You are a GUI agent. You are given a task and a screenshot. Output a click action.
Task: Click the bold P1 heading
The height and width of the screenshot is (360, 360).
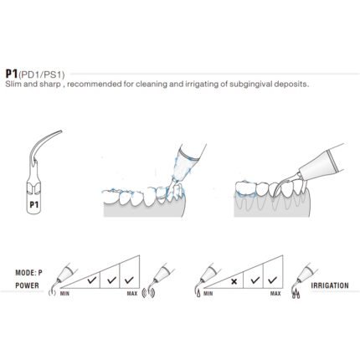[x=12, y=74]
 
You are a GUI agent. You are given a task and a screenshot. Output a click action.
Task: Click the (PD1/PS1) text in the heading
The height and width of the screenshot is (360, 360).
[x=42, y=75]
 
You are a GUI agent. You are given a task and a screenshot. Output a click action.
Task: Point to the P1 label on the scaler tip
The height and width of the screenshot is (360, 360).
[x=34, y=205]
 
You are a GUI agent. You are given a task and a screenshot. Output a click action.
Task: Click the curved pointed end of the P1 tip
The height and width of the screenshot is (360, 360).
[x=61, y=131]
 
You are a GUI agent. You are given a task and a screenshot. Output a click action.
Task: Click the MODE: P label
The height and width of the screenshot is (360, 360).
[x=29, y=273]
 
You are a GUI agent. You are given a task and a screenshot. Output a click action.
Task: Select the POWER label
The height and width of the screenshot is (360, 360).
[x=27, y=285]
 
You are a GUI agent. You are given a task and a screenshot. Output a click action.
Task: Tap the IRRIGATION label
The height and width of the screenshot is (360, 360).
[x=330, y=285]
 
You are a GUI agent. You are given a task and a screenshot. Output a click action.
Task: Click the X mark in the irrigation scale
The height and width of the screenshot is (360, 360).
[x=234, y=281]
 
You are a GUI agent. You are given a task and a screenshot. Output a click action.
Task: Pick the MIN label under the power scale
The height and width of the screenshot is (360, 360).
[x=64, y=294]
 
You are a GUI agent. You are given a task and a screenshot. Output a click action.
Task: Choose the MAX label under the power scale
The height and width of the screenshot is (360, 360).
[x=132, y=294]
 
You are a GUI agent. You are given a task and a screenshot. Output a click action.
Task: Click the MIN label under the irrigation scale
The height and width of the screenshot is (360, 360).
[x=208, y=294]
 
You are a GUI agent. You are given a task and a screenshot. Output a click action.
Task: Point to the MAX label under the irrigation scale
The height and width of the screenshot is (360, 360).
[x=275, y=294]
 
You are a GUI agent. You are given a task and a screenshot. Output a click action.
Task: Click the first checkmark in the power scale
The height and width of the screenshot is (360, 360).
[x=92, y=280]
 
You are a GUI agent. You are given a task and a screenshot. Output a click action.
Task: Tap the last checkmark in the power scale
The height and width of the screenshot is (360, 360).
[x=129, y=280]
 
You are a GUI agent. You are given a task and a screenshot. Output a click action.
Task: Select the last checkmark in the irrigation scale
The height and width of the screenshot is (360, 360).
[x=272, y=280]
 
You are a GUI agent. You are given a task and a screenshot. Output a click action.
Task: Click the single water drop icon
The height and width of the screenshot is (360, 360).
[x=198, y=294]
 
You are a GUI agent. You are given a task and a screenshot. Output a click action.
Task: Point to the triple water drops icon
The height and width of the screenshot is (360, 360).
[x=296, y=294]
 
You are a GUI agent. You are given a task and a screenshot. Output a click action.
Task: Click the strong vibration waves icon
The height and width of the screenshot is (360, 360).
[x=148, y=292]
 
